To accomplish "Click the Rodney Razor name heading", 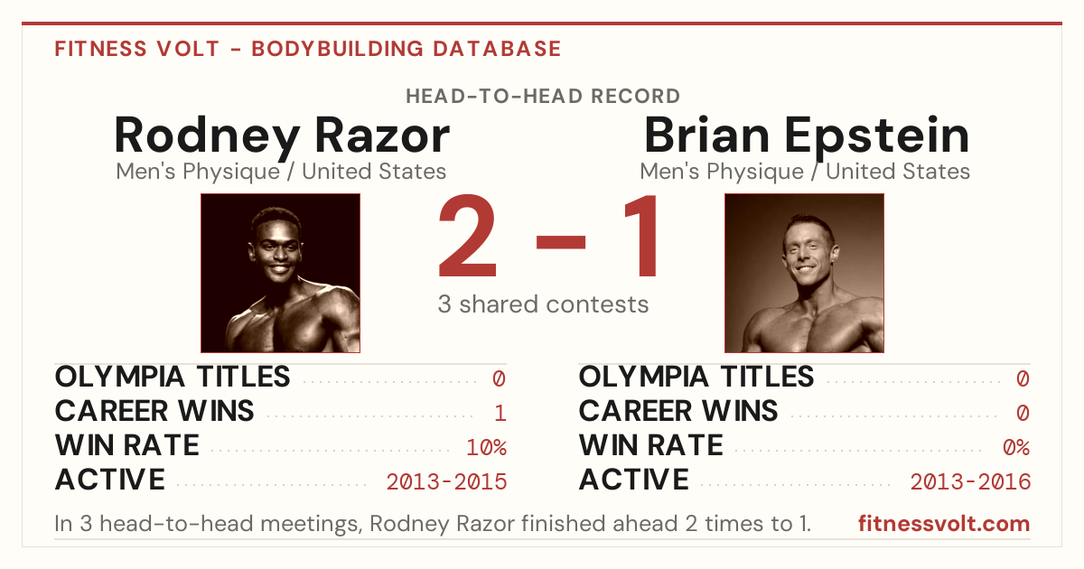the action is coord(282,137).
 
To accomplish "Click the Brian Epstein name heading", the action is coord(807,137).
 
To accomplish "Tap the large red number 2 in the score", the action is coord(468,236).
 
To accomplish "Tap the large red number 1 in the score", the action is coord(642,236).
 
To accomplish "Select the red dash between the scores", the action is coord(561,242).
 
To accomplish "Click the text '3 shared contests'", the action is coord(543,304).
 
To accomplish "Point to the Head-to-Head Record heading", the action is coord(543,97).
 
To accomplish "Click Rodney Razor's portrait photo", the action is coord(280,273).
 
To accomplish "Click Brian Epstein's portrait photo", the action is coord(804,273).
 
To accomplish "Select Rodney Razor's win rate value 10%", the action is coord(486,447).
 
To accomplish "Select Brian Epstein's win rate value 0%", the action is coord(1016,447).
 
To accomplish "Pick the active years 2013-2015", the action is coord(446,482).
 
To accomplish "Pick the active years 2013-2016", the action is coord(970,482).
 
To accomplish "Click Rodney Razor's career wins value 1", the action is coord(500,414).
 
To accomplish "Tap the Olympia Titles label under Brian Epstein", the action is coord(696,377).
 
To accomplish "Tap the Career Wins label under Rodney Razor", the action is coord(154,411).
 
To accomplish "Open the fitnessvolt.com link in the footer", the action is coord(944,524).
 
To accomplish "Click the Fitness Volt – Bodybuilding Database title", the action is coord(308,49).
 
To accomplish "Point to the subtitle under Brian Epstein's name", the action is coord(805,172).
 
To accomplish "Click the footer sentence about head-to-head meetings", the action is coord(433,524).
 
